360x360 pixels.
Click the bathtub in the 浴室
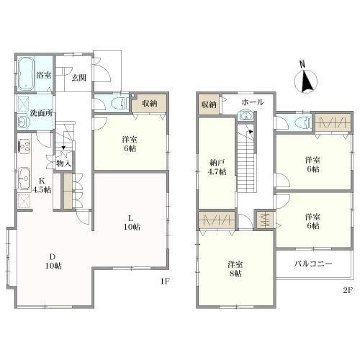pyautogui.click(x=26, y=73)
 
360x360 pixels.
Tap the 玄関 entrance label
pyautogui.click(x=79, y=78)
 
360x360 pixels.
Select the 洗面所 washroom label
pyautogui.click(x=41, y=113)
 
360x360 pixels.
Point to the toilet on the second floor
pyautogui.click(x=303, y=122)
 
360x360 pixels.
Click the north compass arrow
pyautogui.click(x=306, y=81)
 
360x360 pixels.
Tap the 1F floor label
pyautogui.click(x=165, y=281)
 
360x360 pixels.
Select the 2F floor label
pyautogui.click(x=347, y=290)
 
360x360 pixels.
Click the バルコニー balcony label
pyautogui.click(x=313, y=264)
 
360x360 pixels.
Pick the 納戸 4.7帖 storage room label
pyautogui.click(x=217, y=167)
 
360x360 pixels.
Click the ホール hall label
pyautogui.click(x=253, y=102)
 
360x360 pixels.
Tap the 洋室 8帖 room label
pyautogui.click(x=235, y=269)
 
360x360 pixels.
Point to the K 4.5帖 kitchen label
pyautogui.click(x=42, y=185)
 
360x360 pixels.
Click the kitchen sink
pyautogui.click(x=24, y=179)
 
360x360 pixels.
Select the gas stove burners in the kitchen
pyautogui.click(x=24, y=145)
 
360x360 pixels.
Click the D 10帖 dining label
pyautogui.click(x=53, y=261)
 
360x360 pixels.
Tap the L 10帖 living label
pyautogui.click(x=132, y=222)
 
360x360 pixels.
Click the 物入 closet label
pyautogui.click(x=63, y=163)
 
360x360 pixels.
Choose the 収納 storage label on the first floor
pyautogui.click(x=150, y=104)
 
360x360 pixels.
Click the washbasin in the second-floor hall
pyautogui.click(x=246, y=116)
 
